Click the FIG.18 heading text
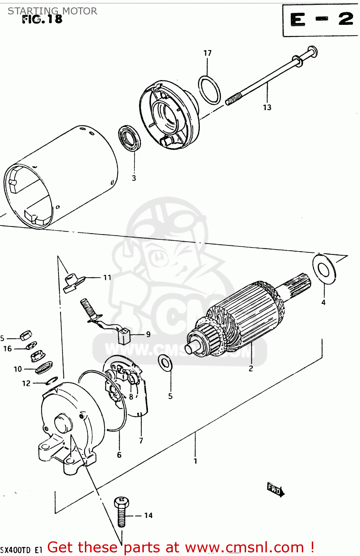(x=42, y=19)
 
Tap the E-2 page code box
(x=321, y=20)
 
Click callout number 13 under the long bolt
(x=267, y=107)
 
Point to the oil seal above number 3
(x=129, y=138)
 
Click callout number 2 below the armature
(x=251, y=368)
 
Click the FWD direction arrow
(x=275, y=490)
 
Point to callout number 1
(x=195, y=461)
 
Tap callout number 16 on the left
(x=7, y=349)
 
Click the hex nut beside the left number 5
(x=25, y=336)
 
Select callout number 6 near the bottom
(x=119, y=455)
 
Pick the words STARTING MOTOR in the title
(x=52, y=11)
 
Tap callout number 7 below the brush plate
(x=141, y=441)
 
